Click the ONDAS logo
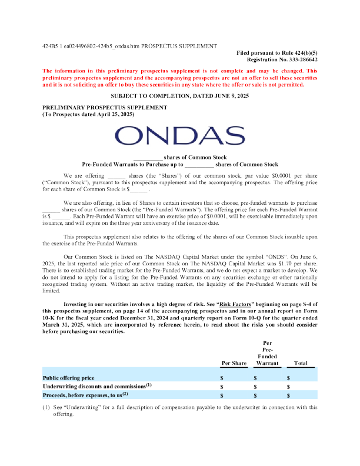click(x=179, y=137)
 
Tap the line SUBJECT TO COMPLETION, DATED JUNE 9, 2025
click(x=179, y=95)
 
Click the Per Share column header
click(x=234, y=364)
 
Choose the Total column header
click(x=301, y=364)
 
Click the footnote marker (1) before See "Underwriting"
click(x=46, y=407)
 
